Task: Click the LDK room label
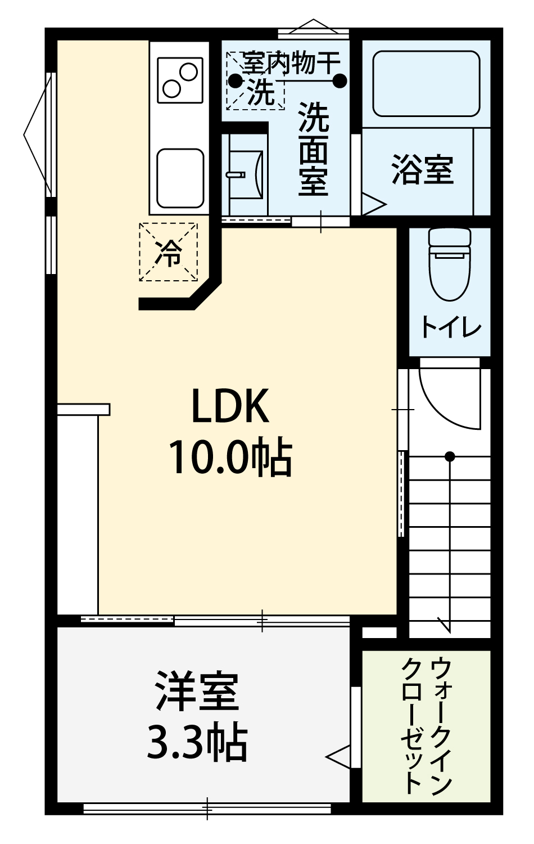[x=230, y=406]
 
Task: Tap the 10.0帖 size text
[x=231, y=457]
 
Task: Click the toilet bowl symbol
[x=450, y=263]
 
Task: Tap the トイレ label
[x=451, y=327]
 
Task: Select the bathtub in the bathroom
[x=427, y=84]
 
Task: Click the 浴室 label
[x=423, y=170]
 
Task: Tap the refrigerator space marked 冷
[x=168, y=252]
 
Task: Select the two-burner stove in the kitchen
[x=180, y=80]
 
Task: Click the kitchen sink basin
[x=180, y=178]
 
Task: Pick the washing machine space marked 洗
[x=255, y=81]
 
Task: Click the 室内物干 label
[x=291, y=62]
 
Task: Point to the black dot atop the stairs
[x=450, y=457]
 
